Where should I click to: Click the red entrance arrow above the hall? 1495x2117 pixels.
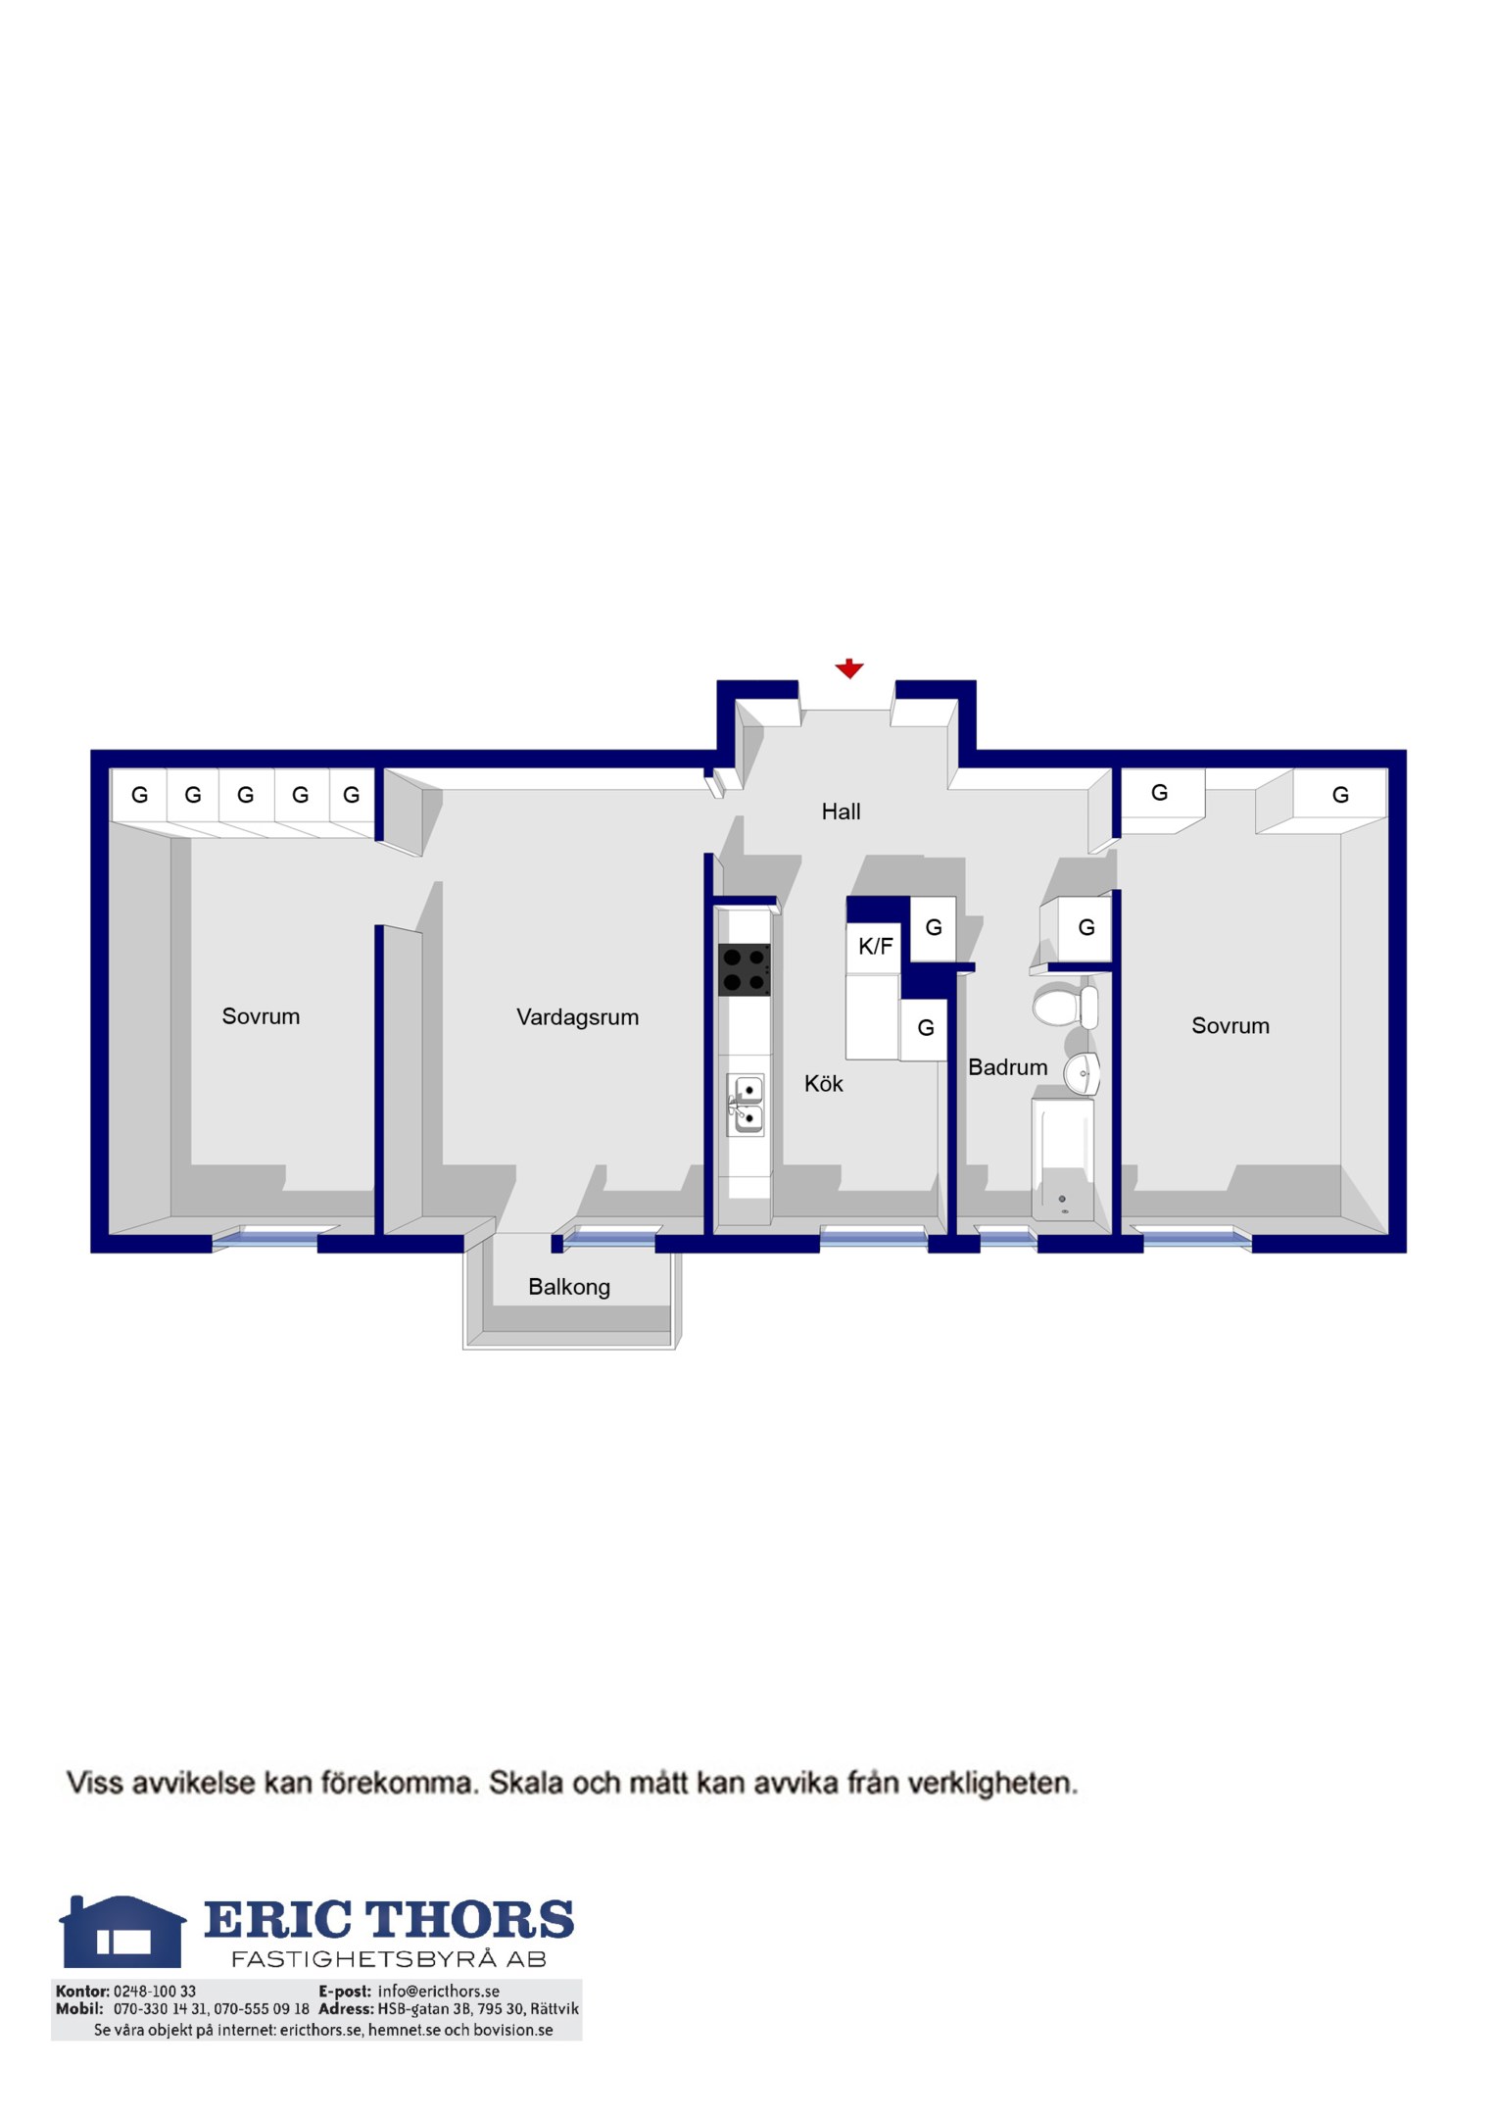point(848,668)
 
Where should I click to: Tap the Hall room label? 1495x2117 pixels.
point(841,812)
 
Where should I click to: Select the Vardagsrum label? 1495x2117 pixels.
point(577,1017)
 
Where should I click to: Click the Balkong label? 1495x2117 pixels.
point(568,1287)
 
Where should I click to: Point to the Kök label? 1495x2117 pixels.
point(823,1083)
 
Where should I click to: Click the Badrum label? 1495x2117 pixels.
point(1007,1067)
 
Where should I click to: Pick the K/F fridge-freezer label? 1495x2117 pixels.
point(875,946)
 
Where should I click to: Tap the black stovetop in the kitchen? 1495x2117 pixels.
point(745,969)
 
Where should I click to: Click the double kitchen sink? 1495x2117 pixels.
point(746,1105)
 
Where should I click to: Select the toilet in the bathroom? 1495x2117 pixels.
point(1065,1007)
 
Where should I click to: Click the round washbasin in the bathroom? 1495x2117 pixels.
point(1083,1074)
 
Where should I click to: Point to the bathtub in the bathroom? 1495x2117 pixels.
point(1062,1159)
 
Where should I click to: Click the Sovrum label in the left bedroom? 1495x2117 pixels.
point(261,1016)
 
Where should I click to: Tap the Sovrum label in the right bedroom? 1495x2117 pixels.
point(1230,1026)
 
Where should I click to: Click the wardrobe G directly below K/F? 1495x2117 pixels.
point(925,1028)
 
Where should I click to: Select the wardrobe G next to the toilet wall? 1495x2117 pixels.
point(1085,927)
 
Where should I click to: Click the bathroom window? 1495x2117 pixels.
point(1007,1237)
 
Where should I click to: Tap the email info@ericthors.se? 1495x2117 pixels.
point(438,1992)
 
